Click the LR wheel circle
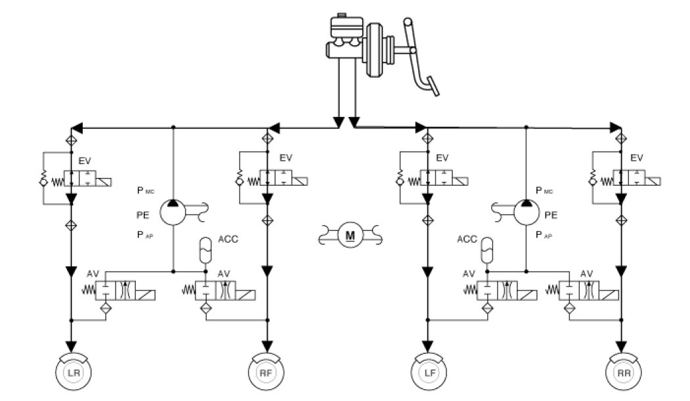point(71,373)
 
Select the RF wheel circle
point(266,373)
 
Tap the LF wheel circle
point(428,373)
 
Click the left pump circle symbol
point(172,209)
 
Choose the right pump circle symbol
point(526,209)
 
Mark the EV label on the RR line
point(636,158)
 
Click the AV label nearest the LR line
point(92,273)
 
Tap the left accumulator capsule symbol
point(205,250)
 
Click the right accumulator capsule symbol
point(486,250)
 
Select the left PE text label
point(142,213)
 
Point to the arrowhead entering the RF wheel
point(267,346)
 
